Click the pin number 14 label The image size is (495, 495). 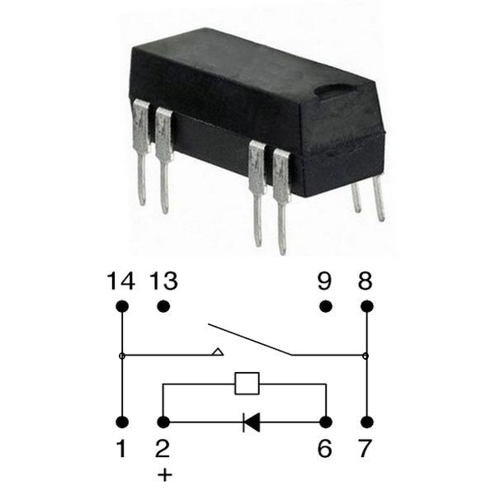coord(121,281)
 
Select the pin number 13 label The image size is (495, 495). coord(163,281)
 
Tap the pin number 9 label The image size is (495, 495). coord(324,281)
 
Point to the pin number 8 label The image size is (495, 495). coord(365,281)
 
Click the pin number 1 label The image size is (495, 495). coord(121,448)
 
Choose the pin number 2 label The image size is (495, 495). coord(163,448)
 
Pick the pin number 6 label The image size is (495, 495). coord(324,448)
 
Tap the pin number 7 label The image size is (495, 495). coord(365,448)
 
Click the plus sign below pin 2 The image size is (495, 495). coord(164,475)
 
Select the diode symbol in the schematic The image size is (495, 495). coord(252,422)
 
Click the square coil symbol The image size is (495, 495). coord(247,384)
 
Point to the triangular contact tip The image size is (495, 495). coord(218,351)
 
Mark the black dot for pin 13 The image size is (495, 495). coord(163,306)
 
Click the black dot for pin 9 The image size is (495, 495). coord(326,306)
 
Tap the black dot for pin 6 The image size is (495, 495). coord(326,422)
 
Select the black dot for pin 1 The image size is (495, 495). coord(122,422)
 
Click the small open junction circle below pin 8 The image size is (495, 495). coord(365,356)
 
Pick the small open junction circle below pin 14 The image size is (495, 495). coord(122,356)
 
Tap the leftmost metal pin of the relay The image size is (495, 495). coord(142,152)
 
